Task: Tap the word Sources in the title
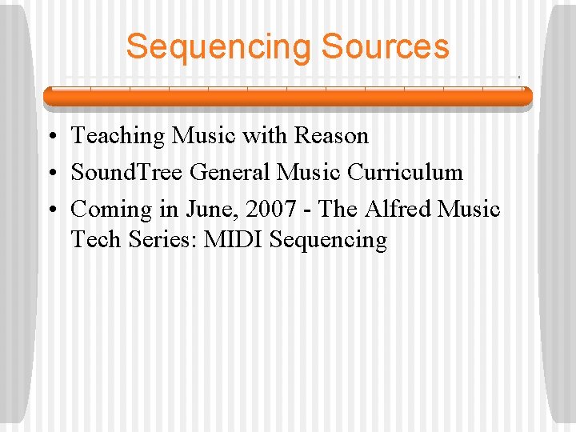[385, 47]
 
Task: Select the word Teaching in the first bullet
[118, 137]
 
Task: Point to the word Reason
[331, 136]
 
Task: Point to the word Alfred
[398, 210]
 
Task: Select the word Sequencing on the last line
[329, 240]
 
